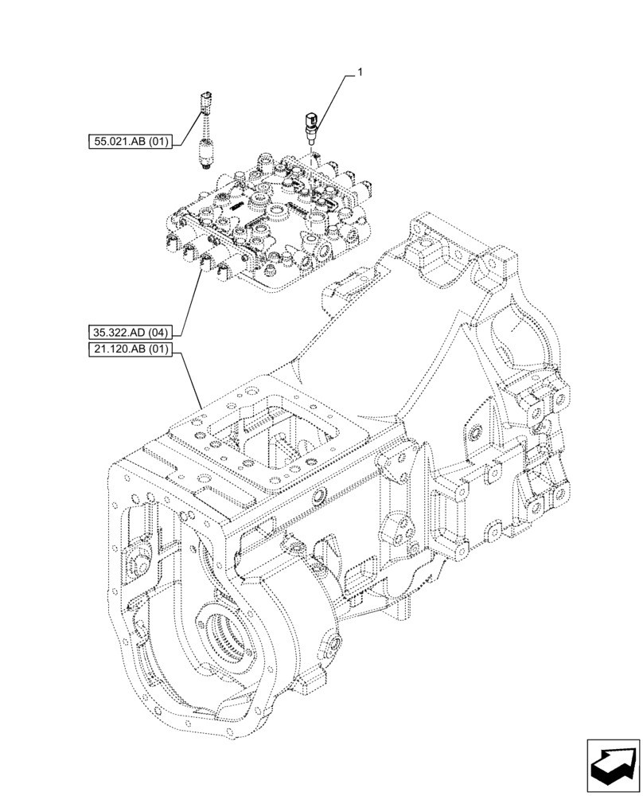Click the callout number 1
[360, 72]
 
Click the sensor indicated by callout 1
[310, 125]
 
